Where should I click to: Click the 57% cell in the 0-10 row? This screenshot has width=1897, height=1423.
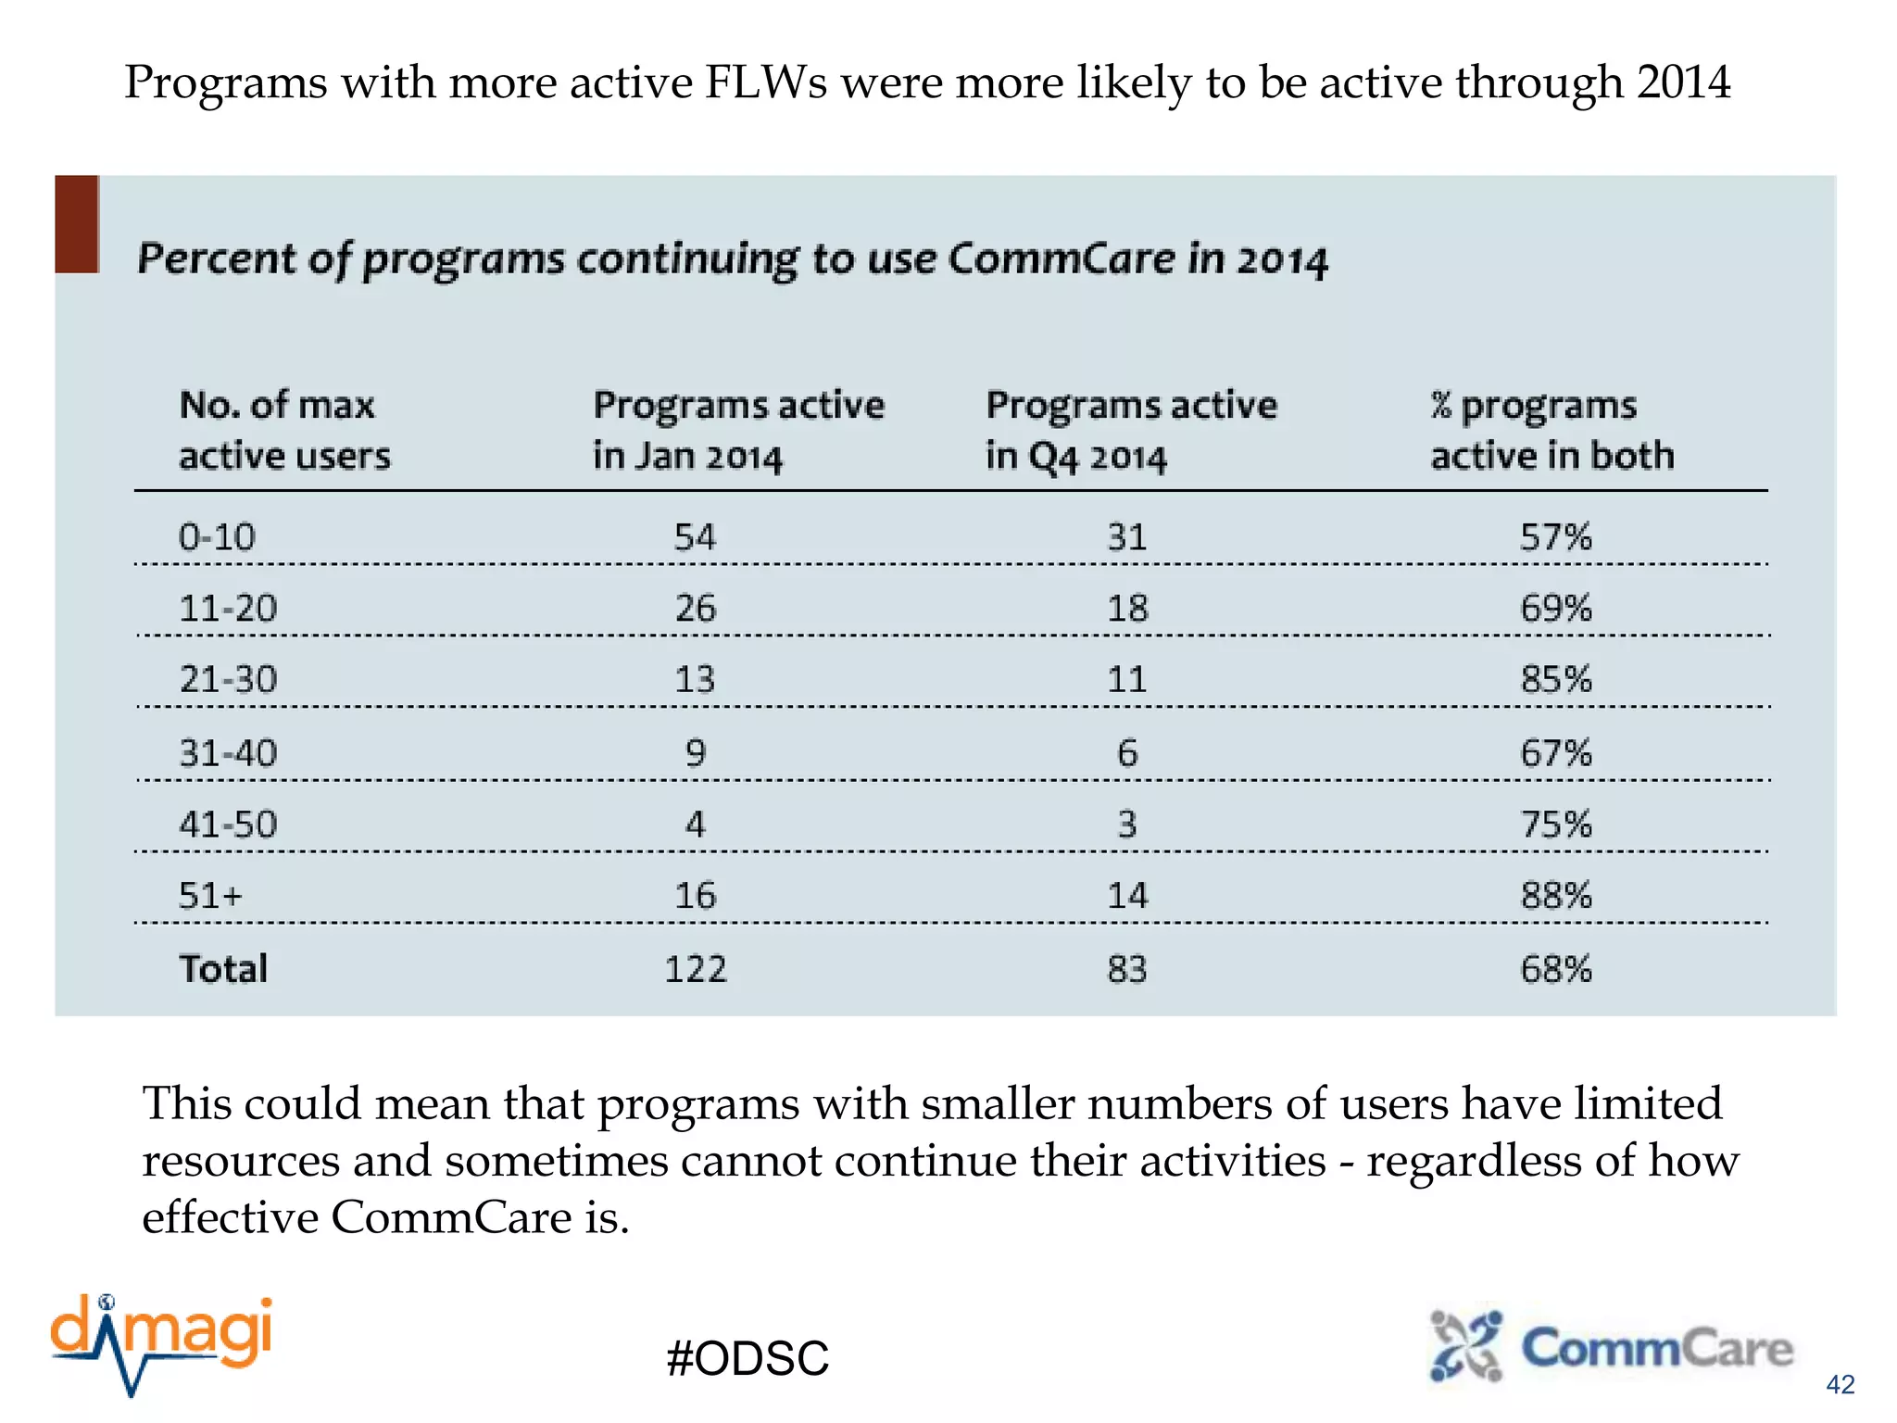(x=1555, y=537)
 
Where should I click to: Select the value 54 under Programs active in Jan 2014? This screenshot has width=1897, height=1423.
(x=695, y=537)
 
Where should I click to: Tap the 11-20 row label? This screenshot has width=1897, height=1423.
(x=228, y=609)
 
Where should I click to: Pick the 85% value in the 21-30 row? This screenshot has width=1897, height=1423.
(x=1555, y=680)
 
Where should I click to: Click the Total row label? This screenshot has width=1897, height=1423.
(x=223, y=969)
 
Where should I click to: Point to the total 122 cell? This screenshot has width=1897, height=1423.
(x=696, y=969)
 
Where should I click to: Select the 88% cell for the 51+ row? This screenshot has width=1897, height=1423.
(x=1555, y=896)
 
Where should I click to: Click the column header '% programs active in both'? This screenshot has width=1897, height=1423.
(x=1552, y=431)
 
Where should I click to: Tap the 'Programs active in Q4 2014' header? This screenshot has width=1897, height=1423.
(x=1130, y=431)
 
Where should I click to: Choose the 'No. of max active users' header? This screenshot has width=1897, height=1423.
(x=284, y=431)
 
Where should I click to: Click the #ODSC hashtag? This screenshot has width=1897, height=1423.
(x=747, y=1359)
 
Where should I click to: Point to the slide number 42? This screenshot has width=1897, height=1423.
(x=1840, y=1384)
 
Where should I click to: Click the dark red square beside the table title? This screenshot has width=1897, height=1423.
(x=77, y=224)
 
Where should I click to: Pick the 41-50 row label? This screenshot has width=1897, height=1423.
(x=228, y=825)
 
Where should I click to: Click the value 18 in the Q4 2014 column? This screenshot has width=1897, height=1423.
(x=1127, y=609)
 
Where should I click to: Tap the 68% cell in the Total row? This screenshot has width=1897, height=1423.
(x=1555, y=969)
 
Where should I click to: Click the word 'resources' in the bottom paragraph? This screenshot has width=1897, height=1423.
(x=240, y=1161)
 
